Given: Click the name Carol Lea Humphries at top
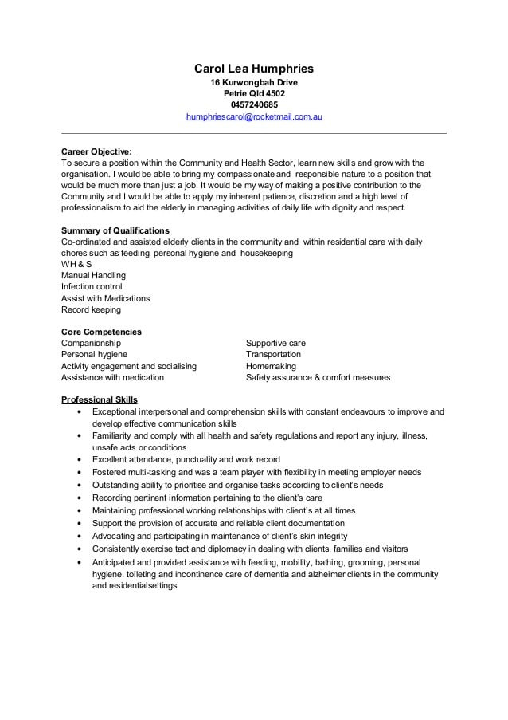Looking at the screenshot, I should click(253, 69).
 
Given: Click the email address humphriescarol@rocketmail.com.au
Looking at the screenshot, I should click(254, 116).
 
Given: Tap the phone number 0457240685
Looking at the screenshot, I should click(254, 104).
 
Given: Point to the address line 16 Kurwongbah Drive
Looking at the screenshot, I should click(254, 82).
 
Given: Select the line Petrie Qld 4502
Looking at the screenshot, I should click(254, 93).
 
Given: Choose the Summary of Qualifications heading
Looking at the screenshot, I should click(115, 230).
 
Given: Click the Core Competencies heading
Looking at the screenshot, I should click(101, 332).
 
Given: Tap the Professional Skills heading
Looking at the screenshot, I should click(100, 399).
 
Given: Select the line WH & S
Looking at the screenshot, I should click(76, 264).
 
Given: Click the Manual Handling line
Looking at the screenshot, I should click(94, 275).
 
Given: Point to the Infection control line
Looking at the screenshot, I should click(92, 286).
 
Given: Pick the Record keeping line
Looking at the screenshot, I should click(91, 309).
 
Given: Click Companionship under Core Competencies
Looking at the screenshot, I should click(91, 343).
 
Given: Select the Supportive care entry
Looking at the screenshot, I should click(275, 343).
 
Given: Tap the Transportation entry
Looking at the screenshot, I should click(273, 354).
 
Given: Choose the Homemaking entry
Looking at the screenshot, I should click(271, 366).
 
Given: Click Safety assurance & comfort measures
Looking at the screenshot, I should click(318, 377).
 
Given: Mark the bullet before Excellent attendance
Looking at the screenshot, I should click(80, 460).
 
